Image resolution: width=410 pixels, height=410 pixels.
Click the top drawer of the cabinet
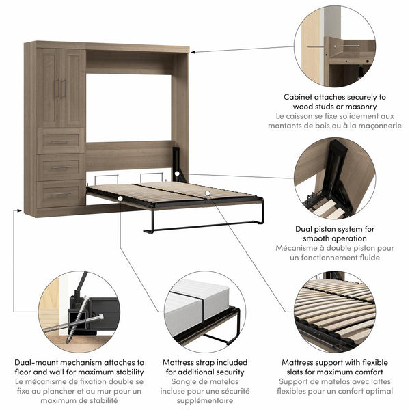point(61,141)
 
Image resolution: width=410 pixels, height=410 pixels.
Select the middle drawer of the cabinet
point(61,167)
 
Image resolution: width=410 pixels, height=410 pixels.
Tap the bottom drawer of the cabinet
point(61,193)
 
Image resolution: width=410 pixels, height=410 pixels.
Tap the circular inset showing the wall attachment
point(335,46)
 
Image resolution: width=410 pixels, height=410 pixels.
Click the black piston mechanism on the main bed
point(178,164)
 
